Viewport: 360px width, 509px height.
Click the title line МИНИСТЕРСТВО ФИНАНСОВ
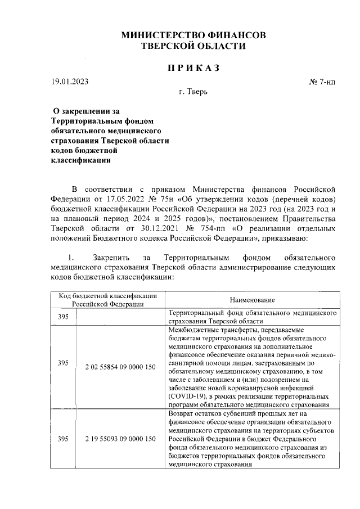194,35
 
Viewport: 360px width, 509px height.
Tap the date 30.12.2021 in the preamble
156,229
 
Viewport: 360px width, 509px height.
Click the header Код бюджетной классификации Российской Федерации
109,300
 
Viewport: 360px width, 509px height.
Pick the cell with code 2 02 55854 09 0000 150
120,366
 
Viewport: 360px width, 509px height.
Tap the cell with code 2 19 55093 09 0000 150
120,439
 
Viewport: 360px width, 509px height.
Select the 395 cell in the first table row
64,317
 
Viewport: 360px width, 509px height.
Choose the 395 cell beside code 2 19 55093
64,439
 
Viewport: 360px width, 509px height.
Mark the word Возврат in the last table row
182,413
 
